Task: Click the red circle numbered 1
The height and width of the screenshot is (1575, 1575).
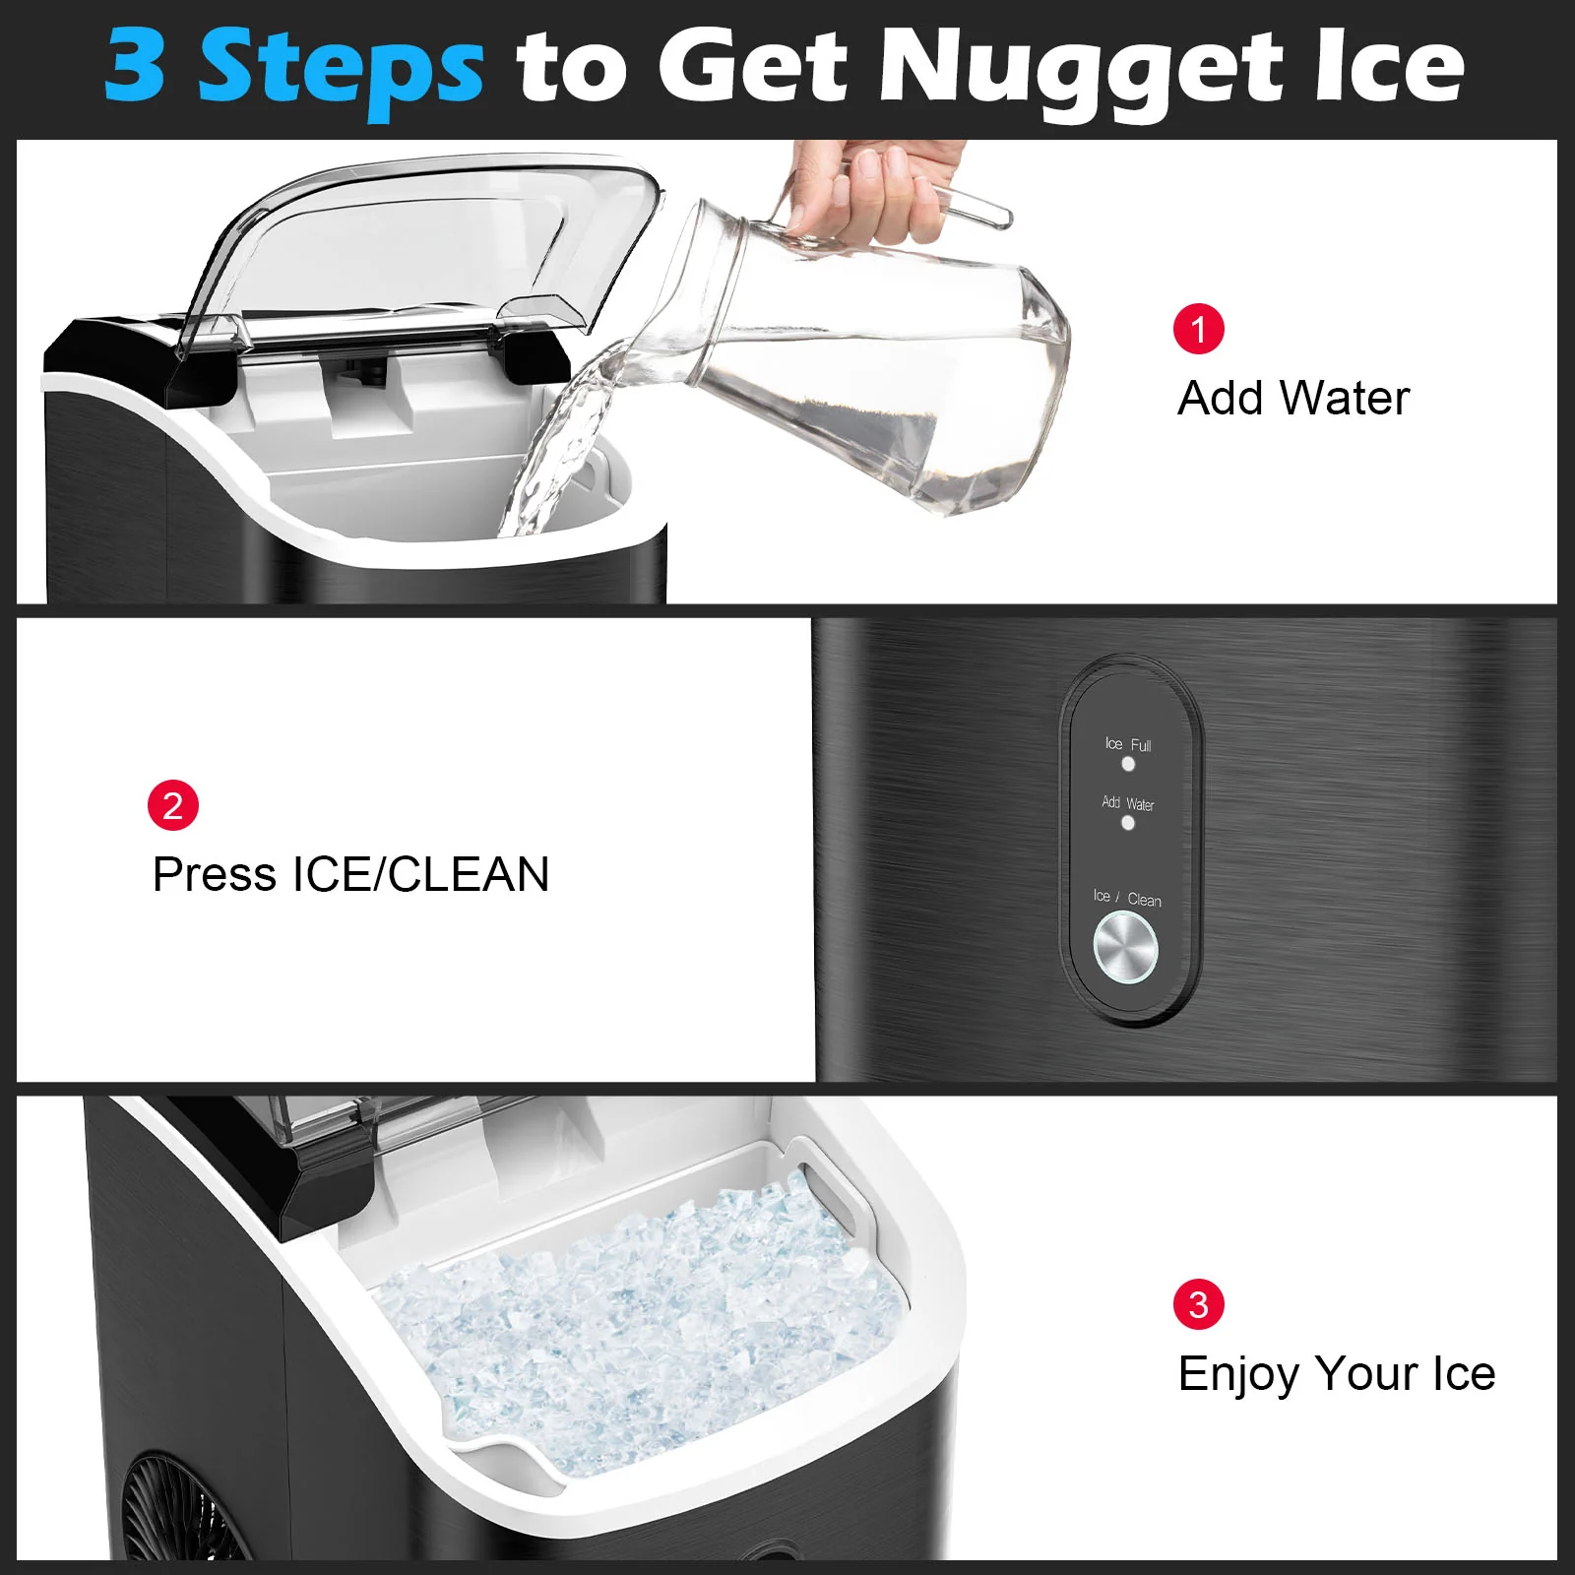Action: click(x=1198, y=329)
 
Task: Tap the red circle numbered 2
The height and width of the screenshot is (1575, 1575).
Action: click(x=173, y=805)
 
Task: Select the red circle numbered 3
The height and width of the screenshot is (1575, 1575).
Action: click(x=1198, y=1304)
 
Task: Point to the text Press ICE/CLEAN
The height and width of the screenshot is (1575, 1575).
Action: click(x=350, y=874)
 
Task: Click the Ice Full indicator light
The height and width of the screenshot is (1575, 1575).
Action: click(x=1128, y=764)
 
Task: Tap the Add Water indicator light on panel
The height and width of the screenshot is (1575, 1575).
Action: click(x=1128, y=823)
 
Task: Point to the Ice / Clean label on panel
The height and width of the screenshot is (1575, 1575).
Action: click(x=1127, y=898)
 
